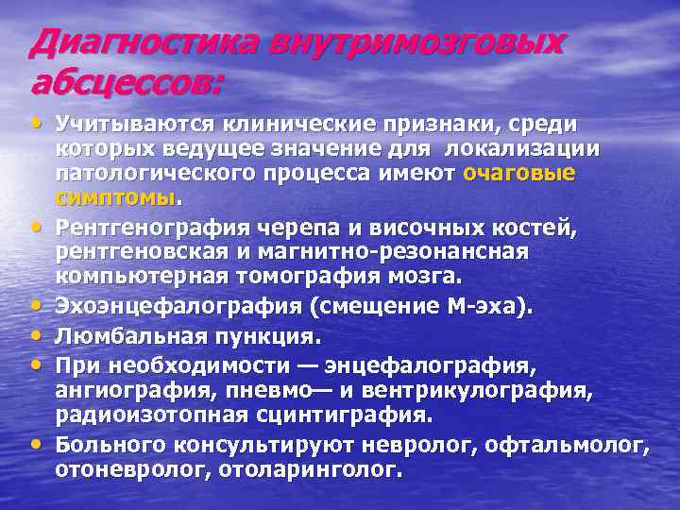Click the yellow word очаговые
coord(519,174)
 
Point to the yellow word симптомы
coord(116,197)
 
